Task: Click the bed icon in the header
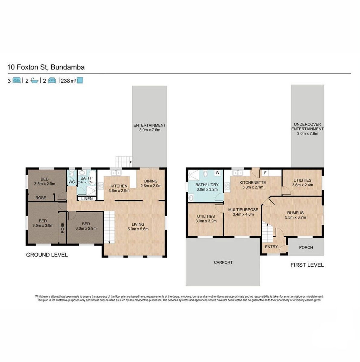coord(16,80)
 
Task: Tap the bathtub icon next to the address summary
coord(34,80)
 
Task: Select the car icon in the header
coord(52,80)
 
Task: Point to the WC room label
coord(72,182)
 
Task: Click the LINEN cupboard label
coord(87,199)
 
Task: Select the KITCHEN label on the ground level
coord(119,186)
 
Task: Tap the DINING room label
coord(151,181)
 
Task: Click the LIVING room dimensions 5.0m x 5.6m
coord(138,229)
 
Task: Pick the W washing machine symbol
coord(217,173)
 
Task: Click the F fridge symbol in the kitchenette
coord(265,173)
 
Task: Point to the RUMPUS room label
coord(295,213)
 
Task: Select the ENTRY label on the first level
coord(272,247)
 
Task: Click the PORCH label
coord(306,247)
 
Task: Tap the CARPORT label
coord(223,262)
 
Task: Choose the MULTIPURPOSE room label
coord(243,210)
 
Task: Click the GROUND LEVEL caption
coord(47,255)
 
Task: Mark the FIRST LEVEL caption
coord(307,265)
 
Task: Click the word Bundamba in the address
coord(68,67)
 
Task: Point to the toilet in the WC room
coord(72,174)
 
